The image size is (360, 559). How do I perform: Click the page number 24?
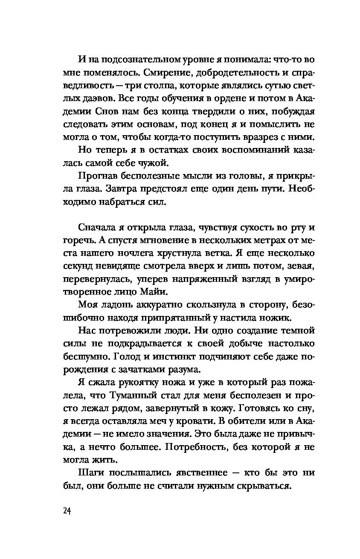tap(65, 511)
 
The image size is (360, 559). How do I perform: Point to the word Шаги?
tap(91, 473)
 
